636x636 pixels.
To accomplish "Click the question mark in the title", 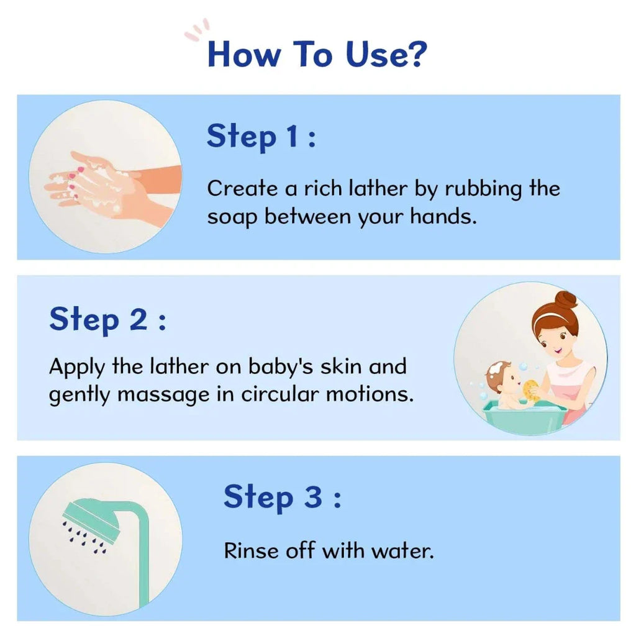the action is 416,53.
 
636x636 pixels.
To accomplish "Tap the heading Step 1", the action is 261,137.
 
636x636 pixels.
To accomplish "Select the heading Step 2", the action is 108,320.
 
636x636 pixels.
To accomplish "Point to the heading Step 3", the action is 283,497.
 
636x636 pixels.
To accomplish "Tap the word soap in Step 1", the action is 232,217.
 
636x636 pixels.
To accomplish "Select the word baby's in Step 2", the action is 280,367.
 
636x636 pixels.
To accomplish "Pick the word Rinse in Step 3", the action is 251,551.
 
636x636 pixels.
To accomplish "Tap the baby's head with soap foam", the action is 501,376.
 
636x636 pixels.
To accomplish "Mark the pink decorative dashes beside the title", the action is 197,30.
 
